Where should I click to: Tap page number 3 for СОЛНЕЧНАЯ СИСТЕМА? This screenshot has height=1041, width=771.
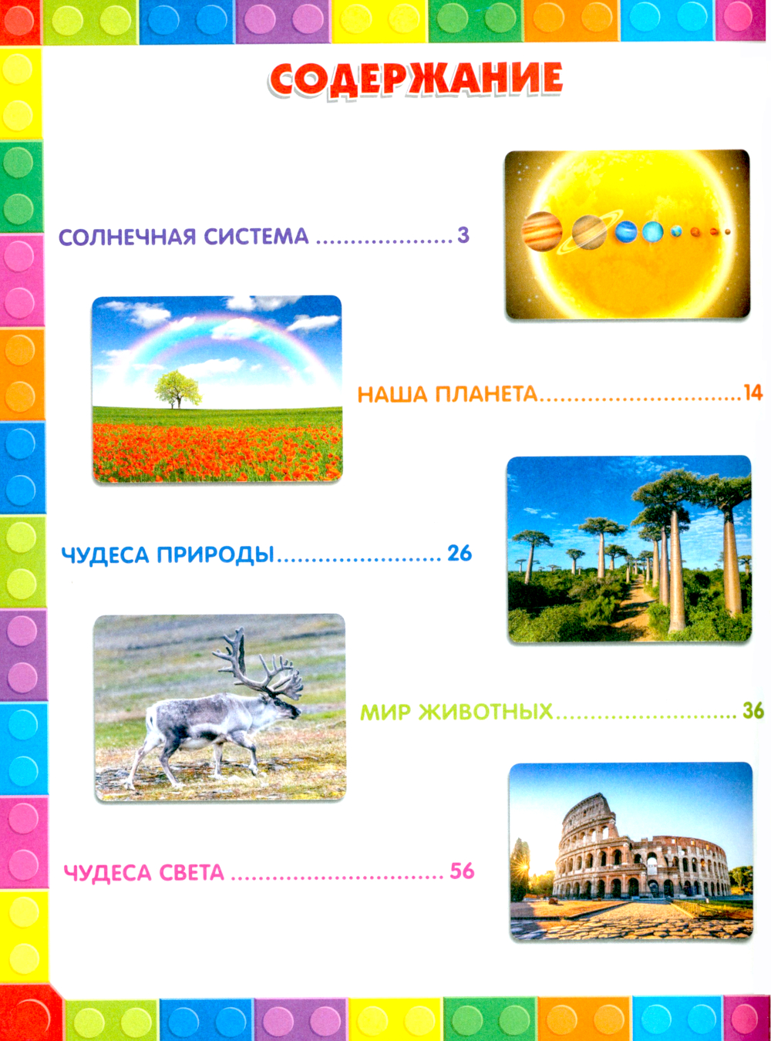(463, 234)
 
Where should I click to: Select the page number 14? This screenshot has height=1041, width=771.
(752, 392)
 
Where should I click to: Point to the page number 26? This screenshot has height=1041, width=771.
(460, 554)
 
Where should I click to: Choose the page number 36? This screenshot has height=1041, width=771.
(753, 711)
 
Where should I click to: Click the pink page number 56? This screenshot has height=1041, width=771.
(463, 871)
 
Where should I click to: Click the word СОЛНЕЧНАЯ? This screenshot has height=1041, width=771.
(128, 236)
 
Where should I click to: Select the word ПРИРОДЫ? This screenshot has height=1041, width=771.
(215, 554)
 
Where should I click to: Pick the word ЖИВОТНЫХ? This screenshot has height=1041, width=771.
(487, 712)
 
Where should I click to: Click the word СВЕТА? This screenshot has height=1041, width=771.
(191, 873)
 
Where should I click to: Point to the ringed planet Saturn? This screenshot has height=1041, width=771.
(589, 232)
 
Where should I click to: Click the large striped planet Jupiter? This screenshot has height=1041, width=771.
(542, 231)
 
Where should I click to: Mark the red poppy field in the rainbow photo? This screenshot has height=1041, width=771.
(217, 452)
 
